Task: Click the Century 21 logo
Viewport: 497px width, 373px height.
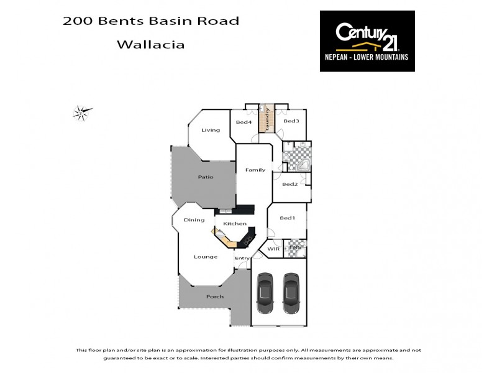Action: coord(367,40)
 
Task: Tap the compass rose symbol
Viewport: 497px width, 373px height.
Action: coord(81,113)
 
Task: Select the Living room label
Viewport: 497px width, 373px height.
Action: coord(211,130)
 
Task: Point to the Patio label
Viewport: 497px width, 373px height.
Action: coord(206,177)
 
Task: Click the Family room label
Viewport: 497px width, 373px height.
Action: coord(255,170)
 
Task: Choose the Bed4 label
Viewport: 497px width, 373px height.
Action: coord(244,122)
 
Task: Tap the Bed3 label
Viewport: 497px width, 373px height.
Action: coord(291,121)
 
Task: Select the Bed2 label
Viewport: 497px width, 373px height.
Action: coord(290,184)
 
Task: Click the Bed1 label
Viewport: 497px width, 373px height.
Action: coord(287,218)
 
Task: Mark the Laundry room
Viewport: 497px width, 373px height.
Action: coord(267,118)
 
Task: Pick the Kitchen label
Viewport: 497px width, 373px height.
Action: coord(235,223)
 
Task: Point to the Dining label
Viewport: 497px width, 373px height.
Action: coord(194,220)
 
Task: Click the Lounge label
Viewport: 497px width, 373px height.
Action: coord(205,257)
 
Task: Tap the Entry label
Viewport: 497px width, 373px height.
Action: coord(242,258)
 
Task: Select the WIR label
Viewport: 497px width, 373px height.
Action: coord(273,249)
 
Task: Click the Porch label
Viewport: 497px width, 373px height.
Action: coord(215,297)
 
